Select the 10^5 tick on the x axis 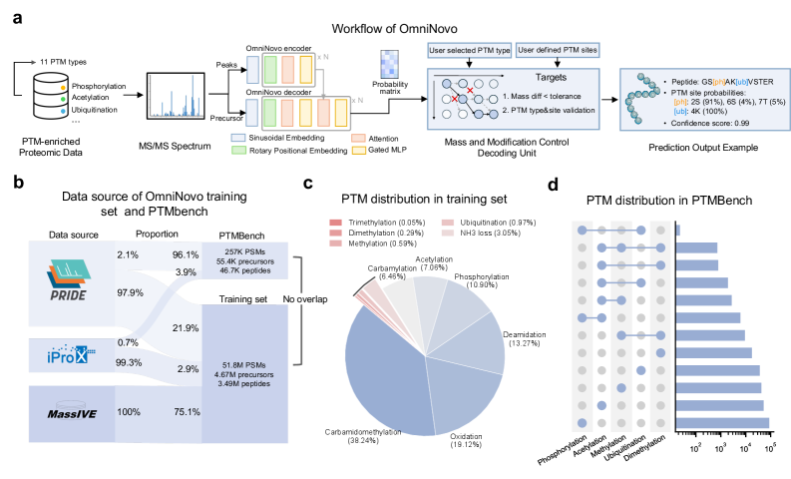770,448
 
